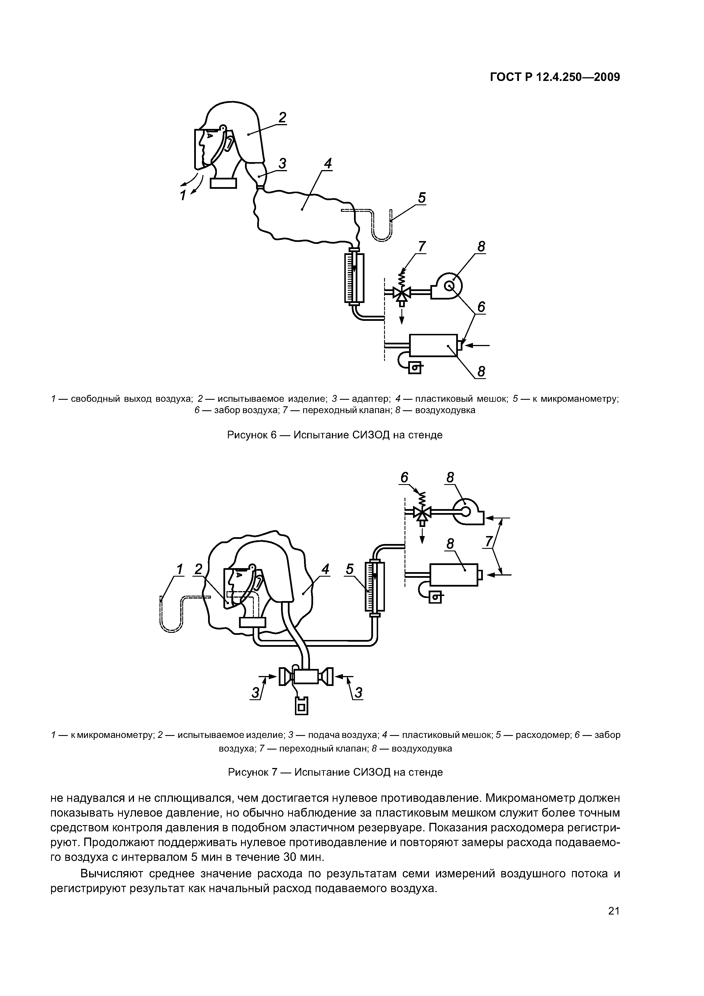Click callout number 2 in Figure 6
click(282, 117)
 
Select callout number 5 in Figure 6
click(422, 198)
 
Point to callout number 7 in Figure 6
click(421, 246)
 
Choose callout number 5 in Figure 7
click(350, 569)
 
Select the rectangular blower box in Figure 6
click(433, 345)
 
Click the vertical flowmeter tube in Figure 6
click(354, 278)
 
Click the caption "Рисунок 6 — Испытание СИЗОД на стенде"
click(335, 435)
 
